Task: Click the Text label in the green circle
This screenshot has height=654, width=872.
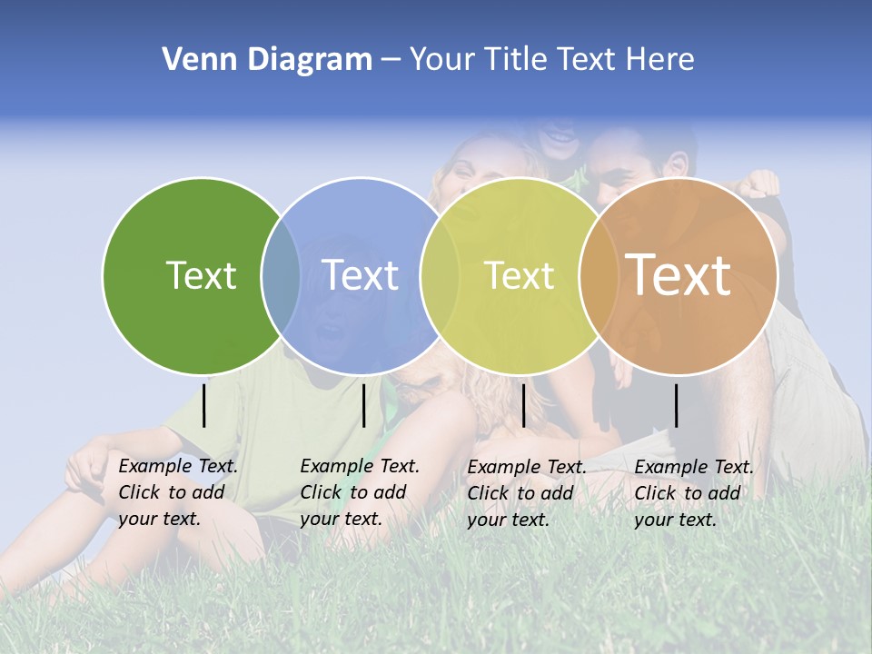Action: coord(201,275)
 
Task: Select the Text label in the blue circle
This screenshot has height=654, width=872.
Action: coord(361,275)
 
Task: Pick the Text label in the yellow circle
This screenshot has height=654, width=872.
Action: coord(519,275)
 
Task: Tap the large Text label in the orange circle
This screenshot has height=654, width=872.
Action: coord(679,274)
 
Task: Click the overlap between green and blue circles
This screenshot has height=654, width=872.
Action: coord(281,275)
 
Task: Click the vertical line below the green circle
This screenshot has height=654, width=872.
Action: coord(204,405)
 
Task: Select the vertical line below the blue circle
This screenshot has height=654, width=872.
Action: coord(363,405)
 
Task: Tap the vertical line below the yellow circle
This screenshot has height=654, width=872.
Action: coord(524,405)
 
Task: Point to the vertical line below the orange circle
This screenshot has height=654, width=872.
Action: coord(677,405)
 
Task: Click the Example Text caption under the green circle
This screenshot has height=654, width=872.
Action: coord(178,492)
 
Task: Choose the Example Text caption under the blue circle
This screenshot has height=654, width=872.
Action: coord(360,492)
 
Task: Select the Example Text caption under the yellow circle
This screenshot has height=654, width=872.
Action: coord(527,493)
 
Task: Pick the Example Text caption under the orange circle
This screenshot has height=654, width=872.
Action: coord(694,493)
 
